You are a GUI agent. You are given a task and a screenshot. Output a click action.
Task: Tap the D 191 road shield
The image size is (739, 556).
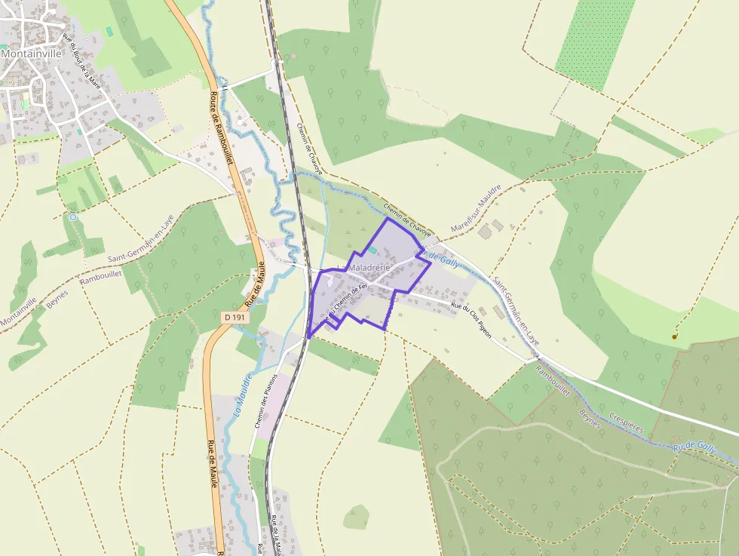(235, 318)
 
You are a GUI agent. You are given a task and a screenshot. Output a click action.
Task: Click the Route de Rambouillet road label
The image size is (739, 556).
(223, 127)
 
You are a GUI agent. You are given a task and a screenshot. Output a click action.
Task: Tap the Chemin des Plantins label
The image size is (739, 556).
(266, 401)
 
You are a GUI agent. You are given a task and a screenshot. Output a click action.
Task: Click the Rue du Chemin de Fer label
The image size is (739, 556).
(346, 303)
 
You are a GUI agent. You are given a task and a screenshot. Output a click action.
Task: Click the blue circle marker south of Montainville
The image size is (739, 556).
(72, 217)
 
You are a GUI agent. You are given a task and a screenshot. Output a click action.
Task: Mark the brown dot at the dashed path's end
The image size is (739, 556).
(674, 336)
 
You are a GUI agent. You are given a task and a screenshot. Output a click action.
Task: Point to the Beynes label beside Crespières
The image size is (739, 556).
(590, 418)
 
